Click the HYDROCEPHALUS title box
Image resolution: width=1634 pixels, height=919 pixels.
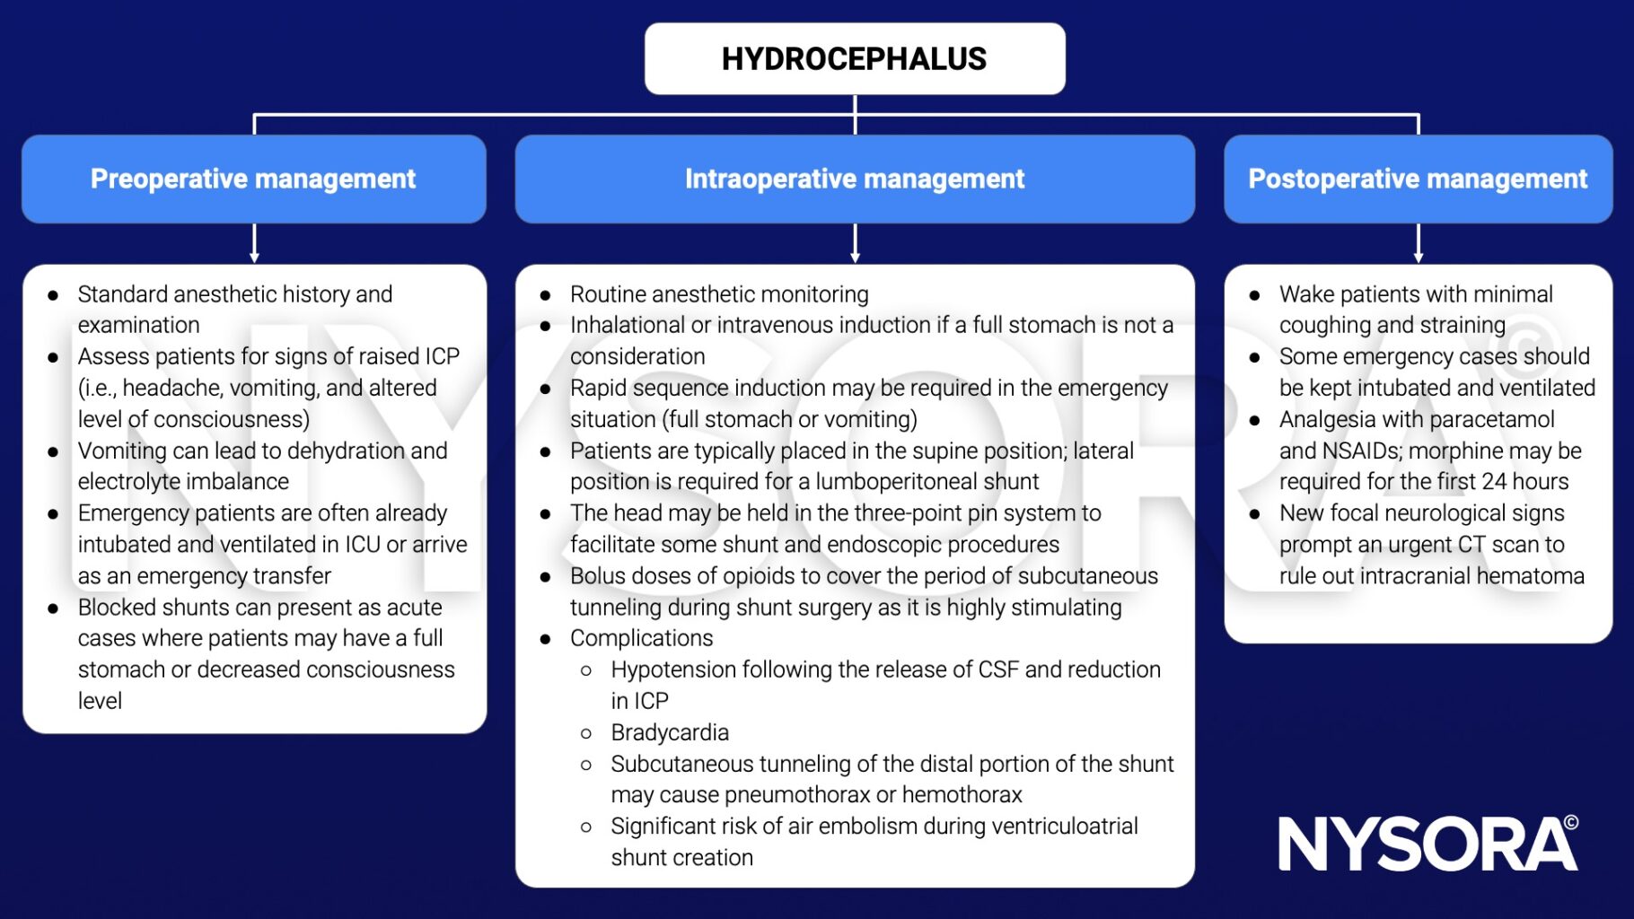coord(854,59)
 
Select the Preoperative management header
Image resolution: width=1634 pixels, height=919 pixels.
coord(253,179)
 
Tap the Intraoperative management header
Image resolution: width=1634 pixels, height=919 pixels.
coord(854,179)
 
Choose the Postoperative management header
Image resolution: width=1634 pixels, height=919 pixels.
coord(1418,179)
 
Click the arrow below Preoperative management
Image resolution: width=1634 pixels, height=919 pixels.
coord(254,243)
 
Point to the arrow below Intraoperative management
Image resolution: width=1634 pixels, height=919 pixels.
coord(855,243)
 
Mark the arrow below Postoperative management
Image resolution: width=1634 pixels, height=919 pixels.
coord(1419,243)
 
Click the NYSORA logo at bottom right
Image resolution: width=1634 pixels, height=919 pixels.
coord(1427,844)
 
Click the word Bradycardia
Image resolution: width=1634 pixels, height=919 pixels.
coord(670,732)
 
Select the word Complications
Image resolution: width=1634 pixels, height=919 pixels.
coord(641,638)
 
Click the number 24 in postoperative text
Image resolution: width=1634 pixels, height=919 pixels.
coord(1493,482)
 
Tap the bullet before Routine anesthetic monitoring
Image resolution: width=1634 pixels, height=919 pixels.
coord(545,295)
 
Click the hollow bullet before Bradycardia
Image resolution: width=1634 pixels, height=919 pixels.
coord(586,733)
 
